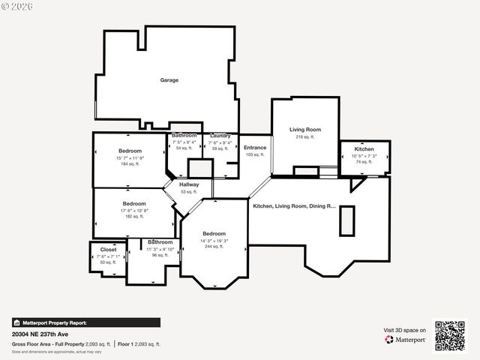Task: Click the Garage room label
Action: point(169,79)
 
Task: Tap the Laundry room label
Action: point(220,136)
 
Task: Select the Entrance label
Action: point(255,148)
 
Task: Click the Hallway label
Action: point(189,184)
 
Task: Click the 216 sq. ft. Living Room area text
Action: point(305,137)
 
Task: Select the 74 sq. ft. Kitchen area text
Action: point(364,162)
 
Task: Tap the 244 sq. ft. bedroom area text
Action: point(213,246)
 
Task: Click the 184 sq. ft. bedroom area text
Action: point(130,164)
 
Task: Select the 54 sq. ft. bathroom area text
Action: point(184,148)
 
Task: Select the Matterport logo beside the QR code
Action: point(406,340)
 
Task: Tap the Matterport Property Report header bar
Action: point(85,322)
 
